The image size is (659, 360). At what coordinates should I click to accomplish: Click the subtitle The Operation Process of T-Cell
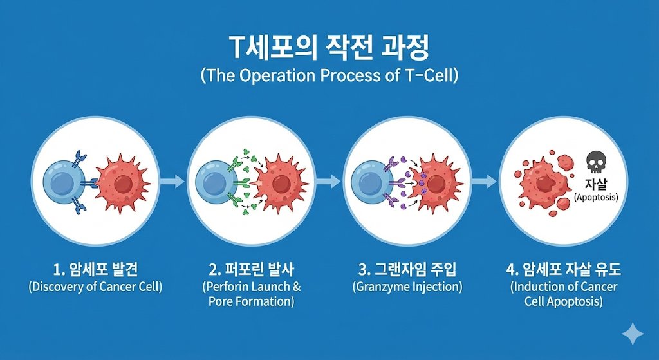click(x=329, y=75)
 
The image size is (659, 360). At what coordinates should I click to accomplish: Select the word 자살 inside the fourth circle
click(x=595, y=183)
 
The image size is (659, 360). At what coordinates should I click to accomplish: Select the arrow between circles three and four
click(x=484, y=182)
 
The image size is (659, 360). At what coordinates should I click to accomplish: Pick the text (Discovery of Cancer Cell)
click(x=95, y=287)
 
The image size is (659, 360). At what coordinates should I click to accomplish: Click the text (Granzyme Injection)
click(x=407, y=287)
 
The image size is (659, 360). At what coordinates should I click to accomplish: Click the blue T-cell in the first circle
click(x=62, y=182)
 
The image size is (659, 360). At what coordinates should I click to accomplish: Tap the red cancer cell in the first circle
click(x=122, y=182)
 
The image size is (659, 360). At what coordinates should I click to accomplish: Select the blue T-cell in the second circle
click(x=216, y=182)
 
